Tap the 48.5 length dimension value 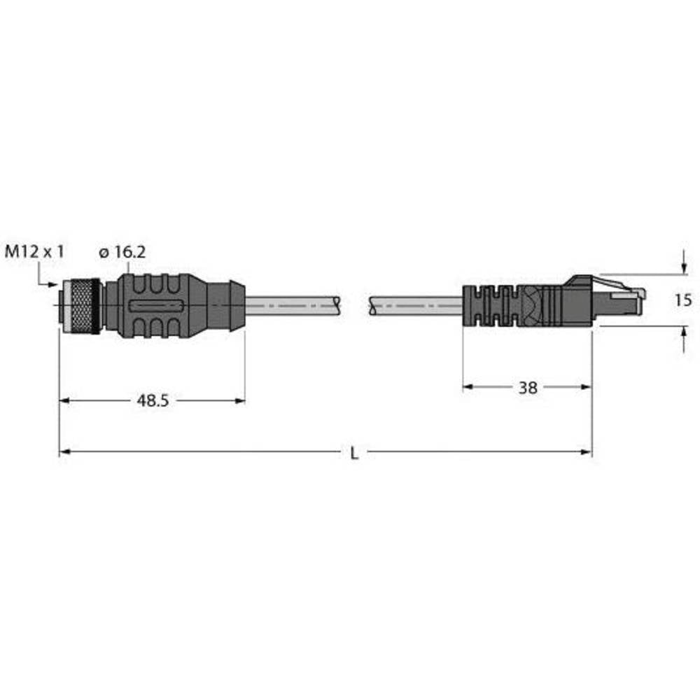pos(152,401)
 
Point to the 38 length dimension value pos(528,387)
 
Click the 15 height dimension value pos(684,300)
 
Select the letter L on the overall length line pos(354,454)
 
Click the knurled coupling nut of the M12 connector pos(81,306)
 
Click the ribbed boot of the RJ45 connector pos(490,306)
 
